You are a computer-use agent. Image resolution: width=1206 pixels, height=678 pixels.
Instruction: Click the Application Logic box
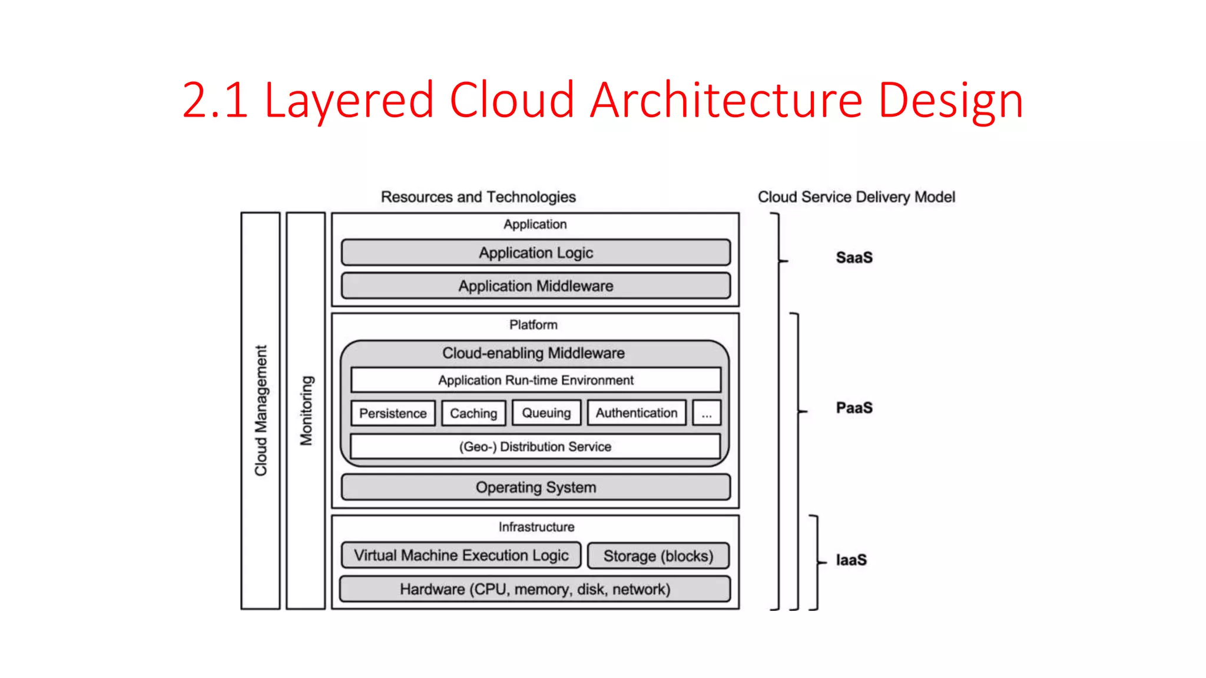(535, 252)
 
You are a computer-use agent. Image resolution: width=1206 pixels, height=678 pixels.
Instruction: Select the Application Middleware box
(535, 286)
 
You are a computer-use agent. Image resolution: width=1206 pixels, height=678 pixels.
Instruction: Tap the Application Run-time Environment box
(535, 380)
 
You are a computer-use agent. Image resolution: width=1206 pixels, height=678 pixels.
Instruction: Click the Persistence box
(393, 413)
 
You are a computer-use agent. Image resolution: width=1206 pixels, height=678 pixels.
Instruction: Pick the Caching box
(473, 413)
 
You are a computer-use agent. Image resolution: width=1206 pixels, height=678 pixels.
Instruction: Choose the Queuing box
(546, 413)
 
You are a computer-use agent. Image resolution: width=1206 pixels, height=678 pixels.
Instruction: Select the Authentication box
(636, 413)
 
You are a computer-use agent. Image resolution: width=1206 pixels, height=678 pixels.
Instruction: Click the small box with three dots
(707, 413)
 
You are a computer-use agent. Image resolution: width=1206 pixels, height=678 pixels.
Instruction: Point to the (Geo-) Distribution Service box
(535, 447)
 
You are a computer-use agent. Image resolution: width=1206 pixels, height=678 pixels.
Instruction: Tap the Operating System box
(535, 487)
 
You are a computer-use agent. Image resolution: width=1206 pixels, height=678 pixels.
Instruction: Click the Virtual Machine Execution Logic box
(461, 556)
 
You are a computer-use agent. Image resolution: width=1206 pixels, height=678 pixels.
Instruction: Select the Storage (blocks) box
(658, 556)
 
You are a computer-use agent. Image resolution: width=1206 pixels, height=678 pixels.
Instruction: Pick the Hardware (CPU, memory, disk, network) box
(535, 589)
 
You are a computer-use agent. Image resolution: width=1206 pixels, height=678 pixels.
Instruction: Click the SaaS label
(854, 258)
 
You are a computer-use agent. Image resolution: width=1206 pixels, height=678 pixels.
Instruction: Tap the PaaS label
(854, 408)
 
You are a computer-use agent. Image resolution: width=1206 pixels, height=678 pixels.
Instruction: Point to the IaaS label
(851, 560)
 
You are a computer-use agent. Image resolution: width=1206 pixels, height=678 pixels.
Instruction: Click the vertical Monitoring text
(306, 410)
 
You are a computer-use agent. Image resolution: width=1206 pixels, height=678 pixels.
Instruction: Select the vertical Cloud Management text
(261, 410)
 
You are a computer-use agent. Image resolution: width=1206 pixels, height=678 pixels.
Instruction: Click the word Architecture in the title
(726, 100)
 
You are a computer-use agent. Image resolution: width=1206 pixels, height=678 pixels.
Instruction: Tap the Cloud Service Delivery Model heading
(856, 197)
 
